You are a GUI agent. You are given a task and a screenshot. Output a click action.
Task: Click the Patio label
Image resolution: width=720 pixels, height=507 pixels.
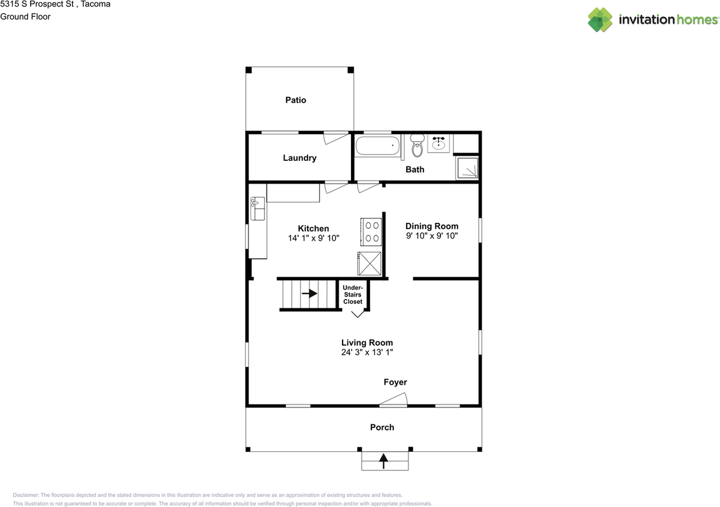coord(295,100)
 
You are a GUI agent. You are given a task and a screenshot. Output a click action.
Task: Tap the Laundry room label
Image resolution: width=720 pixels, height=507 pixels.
coord(300,158)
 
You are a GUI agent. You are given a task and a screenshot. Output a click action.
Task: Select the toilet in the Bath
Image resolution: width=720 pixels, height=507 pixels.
coord(417,146)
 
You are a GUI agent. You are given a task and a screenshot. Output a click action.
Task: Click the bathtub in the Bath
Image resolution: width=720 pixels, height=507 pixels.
coord(377,146)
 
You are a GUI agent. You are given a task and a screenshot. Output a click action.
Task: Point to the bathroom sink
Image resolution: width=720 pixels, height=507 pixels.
coord(438,143)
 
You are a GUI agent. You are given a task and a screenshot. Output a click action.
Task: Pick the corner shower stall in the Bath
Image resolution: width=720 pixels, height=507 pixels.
coord(467,168)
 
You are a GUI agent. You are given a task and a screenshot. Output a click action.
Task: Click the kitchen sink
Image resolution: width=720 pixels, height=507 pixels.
coord(258,209)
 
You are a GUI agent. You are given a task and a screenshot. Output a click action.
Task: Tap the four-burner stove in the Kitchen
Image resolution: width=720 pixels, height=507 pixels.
coord(371,232)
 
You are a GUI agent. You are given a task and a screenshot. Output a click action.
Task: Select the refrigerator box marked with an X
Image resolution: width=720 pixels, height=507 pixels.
coord(370,263)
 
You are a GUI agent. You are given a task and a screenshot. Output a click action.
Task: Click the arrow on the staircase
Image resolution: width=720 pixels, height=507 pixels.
coord(309,293)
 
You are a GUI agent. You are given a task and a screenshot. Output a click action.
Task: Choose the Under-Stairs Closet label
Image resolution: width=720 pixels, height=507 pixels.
coord(353,294)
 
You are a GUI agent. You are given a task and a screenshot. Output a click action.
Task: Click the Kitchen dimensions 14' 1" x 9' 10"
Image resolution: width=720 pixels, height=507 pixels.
coord(313,238)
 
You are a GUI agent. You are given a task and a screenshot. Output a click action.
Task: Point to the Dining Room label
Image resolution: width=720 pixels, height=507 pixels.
coord(431,226)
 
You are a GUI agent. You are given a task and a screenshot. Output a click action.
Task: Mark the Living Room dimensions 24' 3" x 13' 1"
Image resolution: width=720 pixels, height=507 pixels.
coord(367,352)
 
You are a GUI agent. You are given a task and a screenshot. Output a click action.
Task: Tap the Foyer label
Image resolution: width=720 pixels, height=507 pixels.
coord(395,382)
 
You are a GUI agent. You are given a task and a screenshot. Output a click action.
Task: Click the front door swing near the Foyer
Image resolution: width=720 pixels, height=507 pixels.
coord(393,399)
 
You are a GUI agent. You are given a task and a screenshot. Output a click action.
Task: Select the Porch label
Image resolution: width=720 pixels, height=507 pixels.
coord(382,427)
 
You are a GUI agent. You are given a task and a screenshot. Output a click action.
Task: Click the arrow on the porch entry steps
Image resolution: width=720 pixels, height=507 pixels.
coord(384,461)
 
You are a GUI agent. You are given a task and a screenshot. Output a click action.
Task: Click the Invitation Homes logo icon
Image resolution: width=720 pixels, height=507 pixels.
coord(600,20)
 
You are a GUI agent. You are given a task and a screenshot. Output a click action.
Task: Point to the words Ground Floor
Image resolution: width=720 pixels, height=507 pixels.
coord(25,17)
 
